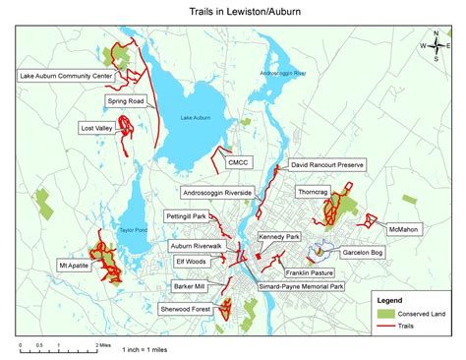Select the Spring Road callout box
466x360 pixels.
[x=127, y=101]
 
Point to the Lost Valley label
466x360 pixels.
[x=97, y=128]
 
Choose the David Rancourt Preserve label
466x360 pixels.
[x=326, y=167]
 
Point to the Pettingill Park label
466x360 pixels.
[x=185, y=215]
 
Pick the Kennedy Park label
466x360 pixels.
[x=279, y=237]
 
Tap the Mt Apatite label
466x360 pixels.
[x=75, y=266]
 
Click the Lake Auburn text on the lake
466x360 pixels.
[x=196, y=119]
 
